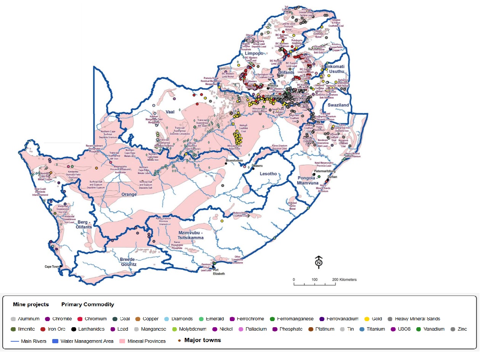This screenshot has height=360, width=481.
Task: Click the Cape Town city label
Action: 53,267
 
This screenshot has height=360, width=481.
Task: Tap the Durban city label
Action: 332,177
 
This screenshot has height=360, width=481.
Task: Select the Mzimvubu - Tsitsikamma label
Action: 184,235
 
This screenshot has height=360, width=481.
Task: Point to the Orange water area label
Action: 129,194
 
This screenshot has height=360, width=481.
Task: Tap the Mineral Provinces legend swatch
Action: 123,341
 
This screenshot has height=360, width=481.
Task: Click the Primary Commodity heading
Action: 88,304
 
